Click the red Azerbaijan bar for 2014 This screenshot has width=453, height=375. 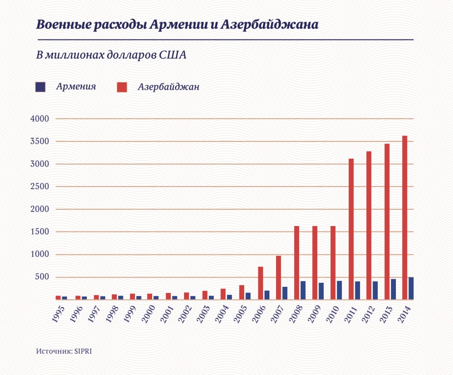tap(404, 217)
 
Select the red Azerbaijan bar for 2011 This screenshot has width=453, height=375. tap(351, 229)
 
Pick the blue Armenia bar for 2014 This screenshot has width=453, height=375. tap(411, 288)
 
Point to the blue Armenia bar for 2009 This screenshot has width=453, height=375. tap(321, 291)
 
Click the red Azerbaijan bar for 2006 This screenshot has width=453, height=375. tap(261, 283)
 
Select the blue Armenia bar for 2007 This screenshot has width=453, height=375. tap(285, 293)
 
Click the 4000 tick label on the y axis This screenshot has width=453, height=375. tap(39, 119)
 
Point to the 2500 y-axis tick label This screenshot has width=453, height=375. tap(39, 187)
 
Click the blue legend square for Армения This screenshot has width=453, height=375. tap(40, 87)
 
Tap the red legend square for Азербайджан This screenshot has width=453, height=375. tap(122, 87)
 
